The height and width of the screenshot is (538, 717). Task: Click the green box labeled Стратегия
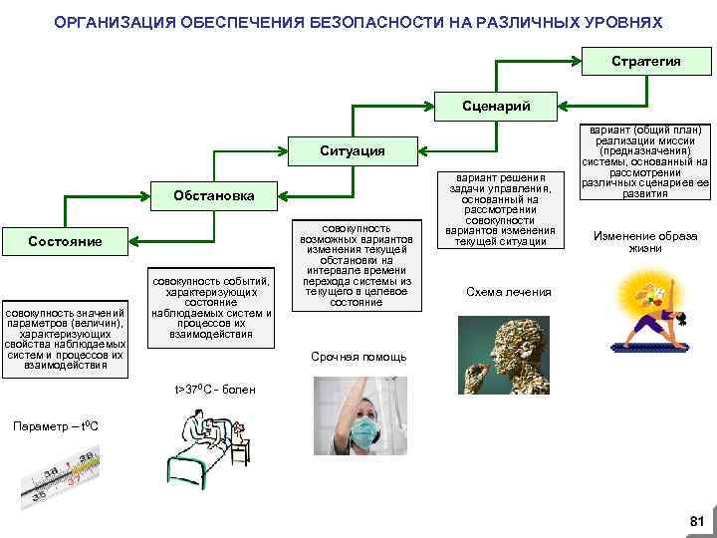(645, 62)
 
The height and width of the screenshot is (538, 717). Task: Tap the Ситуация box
(353, 150)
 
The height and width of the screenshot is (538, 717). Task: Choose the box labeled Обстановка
(214, 195)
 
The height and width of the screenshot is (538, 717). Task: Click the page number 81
(696, 521)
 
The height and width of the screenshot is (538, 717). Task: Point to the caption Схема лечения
(508, 292)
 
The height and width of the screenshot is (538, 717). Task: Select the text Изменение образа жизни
(645, 242)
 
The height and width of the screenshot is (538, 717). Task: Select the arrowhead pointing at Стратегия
(583, 62)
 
